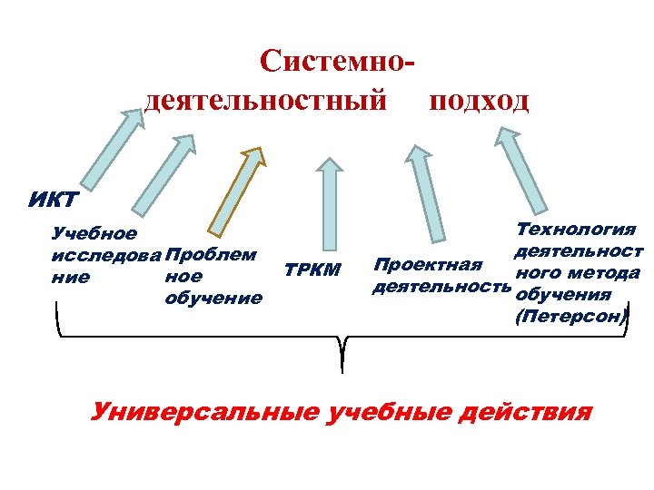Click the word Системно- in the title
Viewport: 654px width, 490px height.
point(337,62)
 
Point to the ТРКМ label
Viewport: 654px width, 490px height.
point(312,269)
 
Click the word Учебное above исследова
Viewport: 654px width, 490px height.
point(94,233)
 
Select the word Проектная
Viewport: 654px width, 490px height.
point(426,264)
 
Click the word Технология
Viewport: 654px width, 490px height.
point(576,228)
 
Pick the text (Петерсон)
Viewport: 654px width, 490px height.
point(570,317)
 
